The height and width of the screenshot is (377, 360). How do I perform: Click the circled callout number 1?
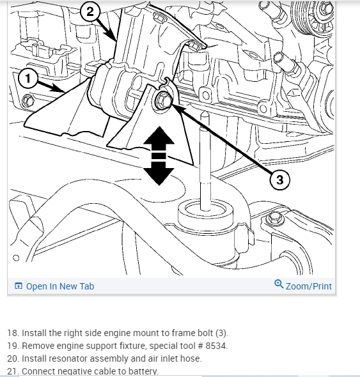(28, 79)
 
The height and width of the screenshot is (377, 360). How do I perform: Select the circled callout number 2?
(90, 12)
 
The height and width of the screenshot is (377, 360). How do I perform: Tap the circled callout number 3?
(279, 180)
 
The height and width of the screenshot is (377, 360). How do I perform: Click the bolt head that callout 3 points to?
(164, 100)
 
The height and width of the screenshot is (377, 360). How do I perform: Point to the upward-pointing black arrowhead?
(159, 136)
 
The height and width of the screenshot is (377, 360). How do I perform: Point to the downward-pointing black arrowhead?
(159, 176)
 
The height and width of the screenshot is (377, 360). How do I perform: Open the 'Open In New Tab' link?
(60, 286)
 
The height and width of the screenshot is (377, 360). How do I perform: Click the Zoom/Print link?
(308, 286)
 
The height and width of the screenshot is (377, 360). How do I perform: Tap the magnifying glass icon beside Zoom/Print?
(279, 284)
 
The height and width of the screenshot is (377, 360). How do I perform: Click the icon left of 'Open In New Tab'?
(19, 286)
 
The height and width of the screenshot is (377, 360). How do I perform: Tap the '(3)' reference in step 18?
(221, 333)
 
